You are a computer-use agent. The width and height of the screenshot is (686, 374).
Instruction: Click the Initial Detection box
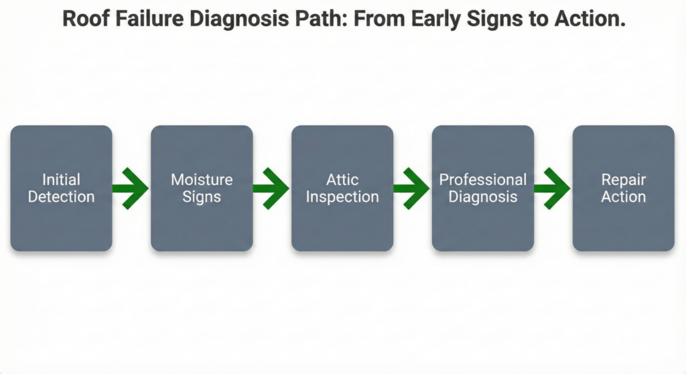pos(61,188)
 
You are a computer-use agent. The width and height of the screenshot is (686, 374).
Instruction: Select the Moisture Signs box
pos(202,188)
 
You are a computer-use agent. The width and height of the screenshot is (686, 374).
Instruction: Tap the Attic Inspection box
pos(342,188)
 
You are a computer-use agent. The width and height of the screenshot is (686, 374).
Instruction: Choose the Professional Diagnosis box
pos(482,188)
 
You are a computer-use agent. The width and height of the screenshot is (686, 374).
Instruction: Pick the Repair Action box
pos(623,188)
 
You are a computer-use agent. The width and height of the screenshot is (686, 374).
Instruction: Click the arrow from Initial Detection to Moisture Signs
pos(131,188)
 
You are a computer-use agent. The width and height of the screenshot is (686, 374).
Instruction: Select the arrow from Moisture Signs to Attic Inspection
pos(272,188)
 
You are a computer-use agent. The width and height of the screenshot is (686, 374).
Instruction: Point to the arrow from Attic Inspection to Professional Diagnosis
pos(412,188)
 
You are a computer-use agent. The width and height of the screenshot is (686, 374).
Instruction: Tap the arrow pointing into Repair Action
pos(553,188)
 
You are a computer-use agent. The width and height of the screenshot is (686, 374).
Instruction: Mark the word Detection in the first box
pos(61,197)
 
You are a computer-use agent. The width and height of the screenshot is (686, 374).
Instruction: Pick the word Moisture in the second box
pos(202,180)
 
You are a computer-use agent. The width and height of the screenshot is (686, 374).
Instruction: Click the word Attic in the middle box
pos(342,180)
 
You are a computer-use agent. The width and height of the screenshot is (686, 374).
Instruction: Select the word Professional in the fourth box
pos(482,180)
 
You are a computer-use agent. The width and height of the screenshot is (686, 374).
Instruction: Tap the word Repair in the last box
pos(623,180)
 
